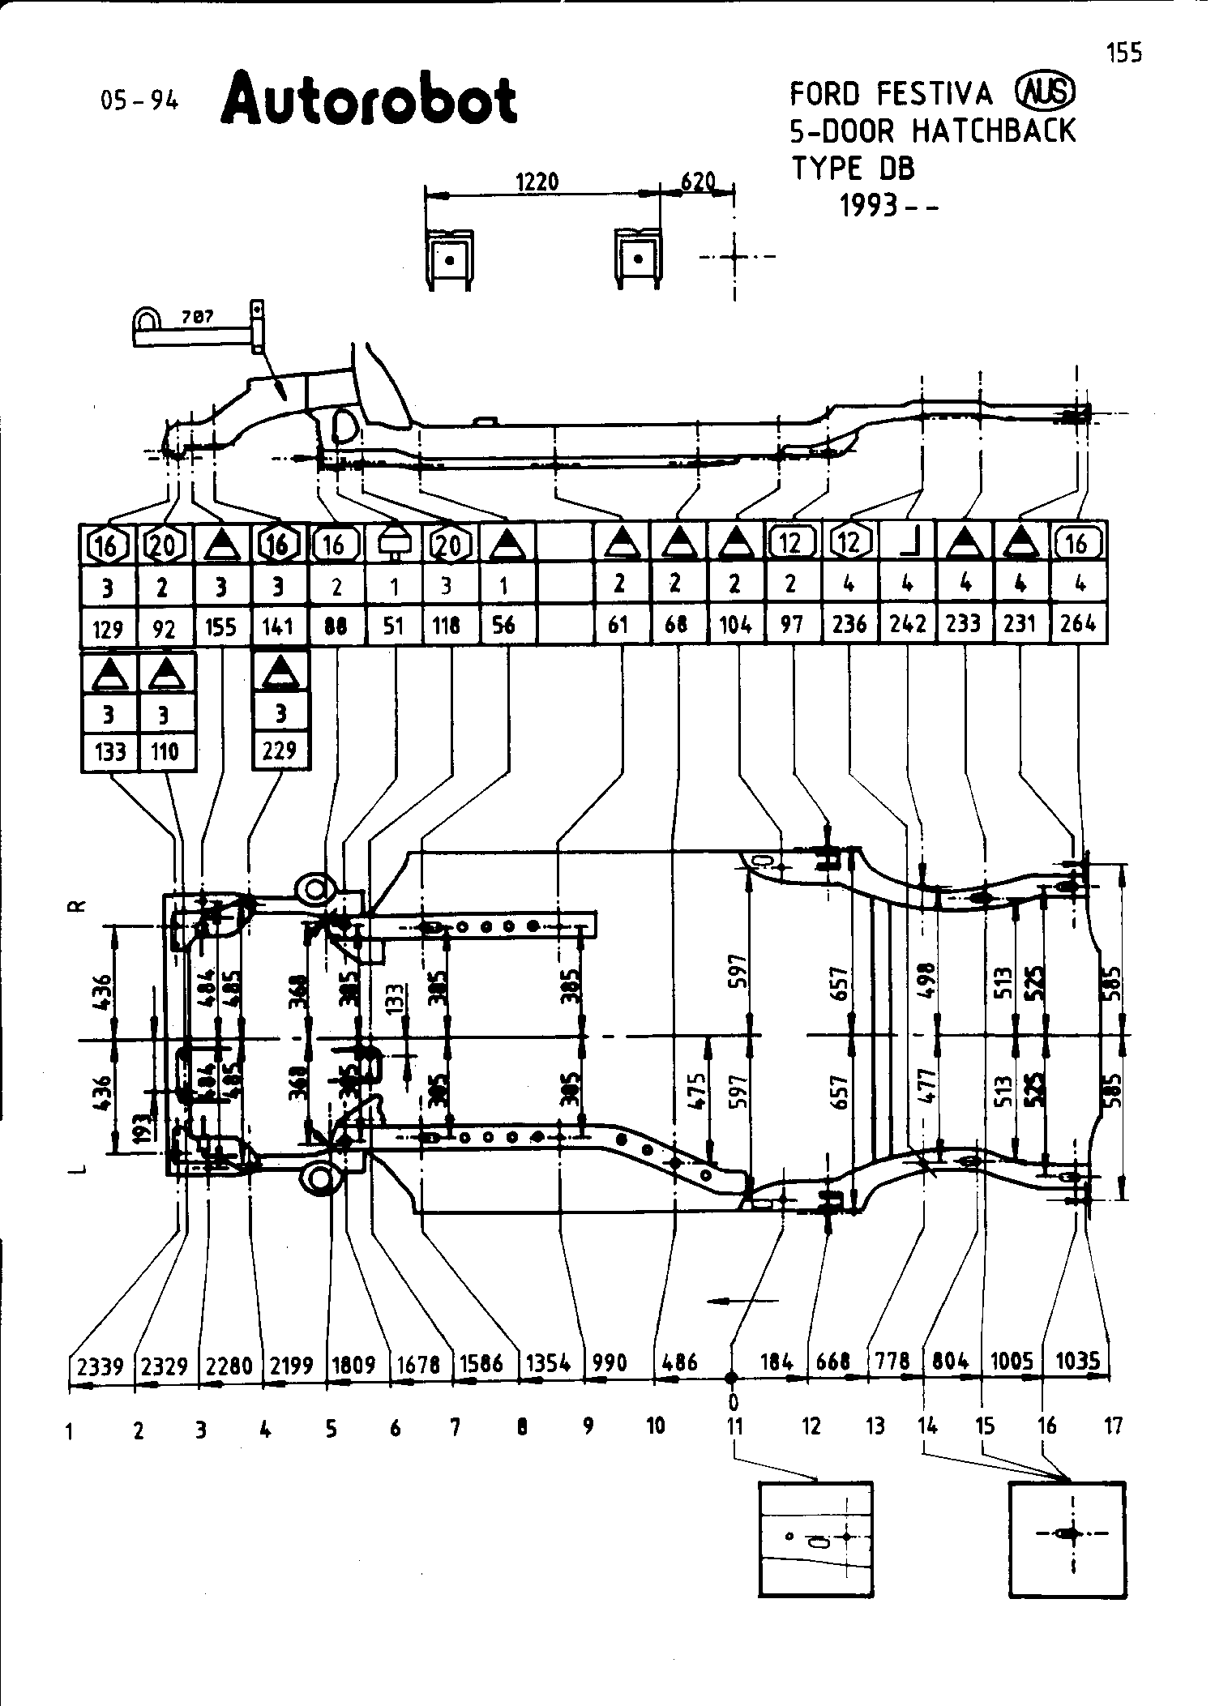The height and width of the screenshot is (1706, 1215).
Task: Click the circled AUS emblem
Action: click(x=1045, y=92)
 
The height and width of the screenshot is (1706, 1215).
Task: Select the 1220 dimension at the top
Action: click(x=537, y=182)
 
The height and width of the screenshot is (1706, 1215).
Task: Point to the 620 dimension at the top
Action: click(x=698, y=181)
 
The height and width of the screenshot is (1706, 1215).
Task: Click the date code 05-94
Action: click(x=139, y=101)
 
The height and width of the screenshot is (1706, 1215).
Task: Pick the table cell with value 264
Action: click(x=1078, y=623)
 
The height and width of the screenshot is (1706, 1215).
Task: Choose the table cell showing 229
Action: click(x=280, y=750)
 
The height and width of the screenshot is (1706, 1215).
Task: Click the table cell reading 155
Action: click(x=221, y=626)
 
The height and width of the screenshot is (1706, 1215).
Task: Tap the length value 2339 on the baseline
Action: click(x=101, y=1366)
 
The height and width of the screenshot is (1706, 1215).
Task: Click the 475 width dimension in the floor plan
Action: click(x=697, y=1091)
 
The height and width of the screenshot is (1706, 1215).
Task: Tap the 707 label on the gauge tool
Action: click(x=197, y=317)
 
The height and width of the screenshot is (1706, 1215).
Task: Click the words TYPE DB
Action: click(x=853, y=169)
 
